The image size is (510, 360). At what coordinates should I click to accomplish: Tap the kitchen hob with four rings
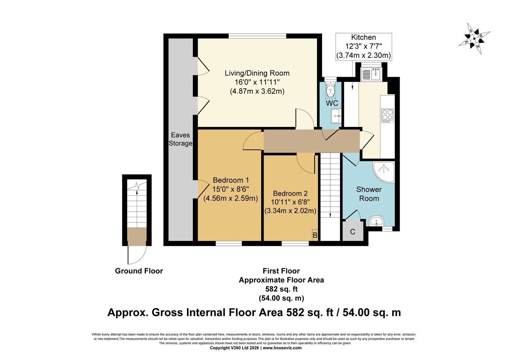(387, 116)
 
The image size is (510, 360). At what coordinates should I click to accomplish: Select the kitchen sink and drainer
(371, 74)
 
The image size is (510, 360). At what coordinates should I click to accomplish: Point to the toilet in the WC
(330, 90)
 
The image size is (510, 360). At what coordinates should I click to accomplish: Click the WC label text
(332, 103)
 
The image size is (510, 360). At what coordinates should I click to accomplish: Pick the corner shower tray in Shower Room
(383, 172)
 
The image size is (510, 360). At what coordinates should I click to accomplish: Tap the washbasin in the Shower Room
(377, 221)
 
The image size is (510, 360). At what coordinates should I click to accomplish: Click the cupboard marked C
(353, 230)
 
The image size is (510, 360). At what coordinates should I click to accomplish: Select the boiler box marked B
(315, 235)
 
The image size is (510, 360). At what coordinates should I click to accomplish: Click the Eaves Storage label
(180, 139)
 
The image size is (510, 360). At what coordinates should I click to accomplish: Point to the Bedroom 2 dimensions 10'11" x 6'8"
(290, 202)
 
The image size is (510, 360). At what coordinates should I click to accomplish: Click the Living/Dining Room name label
(257, 73)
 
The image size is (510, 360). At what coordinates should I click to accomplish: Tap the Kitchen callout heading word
(363, 37)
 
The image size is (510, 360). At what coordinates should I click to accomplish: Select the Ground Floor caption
(139, 271)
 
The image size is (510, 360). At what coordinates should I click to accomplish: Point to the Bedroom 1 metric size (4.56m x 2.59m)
(231, 198)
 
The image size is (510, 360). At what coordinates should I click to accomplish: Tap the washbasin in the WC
(336, 116)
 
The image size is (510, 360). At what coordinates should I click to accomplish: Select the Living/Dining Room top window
(258, 36)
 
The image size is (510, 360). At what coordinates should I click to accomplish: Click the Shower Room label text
(369, 194)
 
